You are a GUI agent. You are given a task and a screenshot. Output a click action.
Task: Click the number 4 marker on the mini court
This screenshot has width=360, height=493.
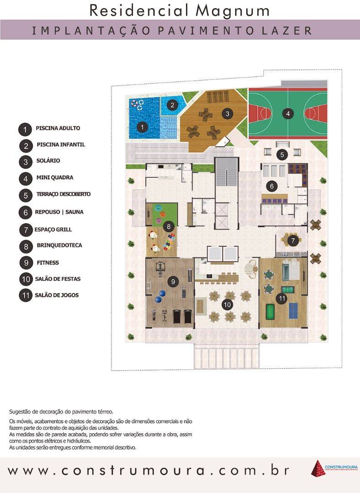point(287,113)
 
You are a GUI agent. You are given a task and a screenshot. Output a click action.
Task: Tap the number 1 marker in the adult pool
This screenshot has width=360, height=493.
point(143,127)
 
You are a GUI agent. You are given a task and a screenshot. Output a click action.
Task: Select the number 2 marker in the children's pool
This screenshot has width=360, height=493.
point(172,105)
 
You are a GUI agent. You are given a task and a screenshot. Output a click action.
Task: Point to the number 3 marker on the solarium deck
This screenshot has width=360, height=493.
point(226,113)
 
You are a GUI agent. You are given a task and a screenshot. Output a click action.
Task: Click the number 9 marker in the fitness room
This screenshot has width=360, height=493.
point(173,282)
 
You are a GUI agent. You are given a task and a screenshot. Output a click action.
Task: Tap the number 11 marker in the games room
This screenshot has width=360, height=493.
point(282,299)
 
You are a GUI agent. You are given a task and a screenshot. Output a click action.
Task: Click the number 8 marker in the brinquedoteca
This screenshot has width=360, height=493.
point(169,226)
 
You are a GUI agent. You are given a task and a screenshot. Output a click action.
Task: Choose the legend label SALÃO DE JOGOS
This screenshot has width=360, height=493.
point(57,295)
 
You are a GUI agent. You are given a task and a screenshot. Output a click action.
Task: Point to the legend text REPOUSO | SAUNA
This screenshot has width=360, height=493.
point(59,212)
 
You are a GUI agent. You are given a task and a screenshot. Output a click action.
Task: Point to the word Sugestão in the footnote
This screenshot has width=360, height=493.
point(21,411)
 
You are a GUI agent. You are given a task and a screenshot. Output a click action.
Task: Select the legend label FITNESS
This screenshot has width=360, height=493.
point(48,263)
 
